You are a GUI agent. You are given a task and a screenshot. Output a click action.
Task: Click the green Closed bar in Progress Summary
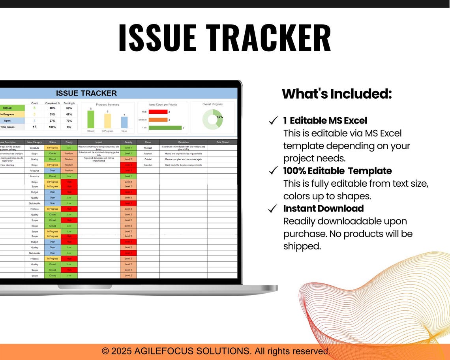[x=91, y=119]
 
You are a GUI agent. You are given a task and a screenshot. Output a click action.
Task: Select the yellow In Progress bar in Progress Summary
[x=107, y=121]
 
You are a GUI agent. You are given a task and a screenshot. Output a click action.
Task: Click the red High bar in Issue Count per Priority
[x=158, y=112]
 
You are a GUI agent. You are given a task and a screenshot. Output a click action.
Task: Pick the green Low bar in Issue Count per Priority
[x=165, y=127]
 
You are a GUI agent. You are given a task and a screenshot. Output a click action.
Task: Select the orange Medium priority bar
[x=158, y=120]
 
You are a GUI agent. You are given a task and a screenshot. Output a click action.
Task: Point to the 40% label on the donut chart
[x=219, y=117]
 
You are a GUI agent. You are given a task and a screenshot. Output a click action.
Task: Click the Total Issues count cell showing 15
[x=34, y=127]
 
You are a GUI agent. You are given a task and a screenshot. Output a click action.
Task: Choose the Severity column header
[x=128, y=142]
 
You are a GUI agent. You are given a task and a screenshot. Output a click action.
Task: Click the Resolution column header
[x=184, y=142]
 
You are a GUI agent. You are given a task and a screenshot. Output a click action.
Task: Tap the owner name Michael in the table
[x=148, y=148]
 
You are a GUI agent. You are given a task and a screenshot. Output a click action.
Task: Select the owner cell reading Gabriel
[x=148, y=159]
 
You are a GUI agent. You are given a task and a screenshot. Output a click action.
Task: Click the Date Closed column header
[x=222, y=142]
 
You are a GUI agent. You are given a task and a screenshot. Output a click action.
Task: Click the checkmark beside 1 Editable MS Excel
[x=273, y=121]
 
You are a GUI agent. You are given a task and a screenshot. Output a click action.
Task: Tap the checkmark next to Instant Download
[x=273, y=209]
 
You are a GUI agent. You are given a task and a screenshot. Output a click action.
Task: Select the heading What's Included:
[x=337, y=94]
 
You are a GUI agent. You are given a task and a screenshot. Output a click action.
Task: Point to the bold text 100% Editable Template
[x=337, y=171]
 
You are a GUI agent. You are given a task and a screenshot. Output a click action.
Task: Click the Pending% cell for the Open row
[x=69, y=121]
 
